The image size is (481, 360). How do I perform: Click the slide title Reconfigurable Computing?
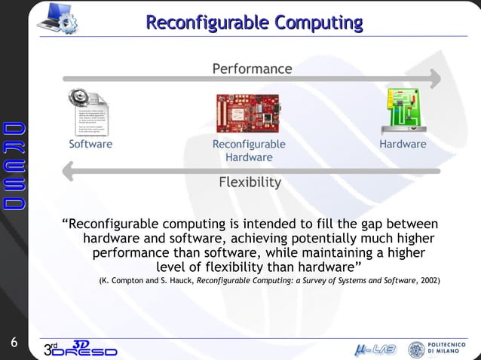pyautogui.click(x=254, y=23)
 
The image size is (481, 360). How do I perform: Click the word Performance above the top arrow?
pyautogui.click(x=252, y=69)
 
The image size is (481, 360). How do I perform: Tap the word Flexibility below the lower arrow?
pyautogui.click(x=250, y=182)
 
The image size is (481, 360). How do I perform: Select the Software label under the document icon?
pyautogui.click(x=90, y=144)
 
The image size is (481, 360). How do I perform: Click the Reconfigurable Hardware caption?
pyautogui.click(x=249, y=151)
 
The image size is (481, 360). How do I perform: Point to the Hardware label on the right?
pyautogui.click(x=403, y=144)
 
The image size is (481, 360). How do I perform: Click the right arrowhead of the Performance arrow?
pyautogui.click(x=435, y=78)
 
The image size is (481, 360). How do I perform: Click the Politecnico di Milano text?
pyautogui.click(x=450, y=349)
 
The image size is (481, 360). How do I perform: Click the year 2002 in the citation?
pyautogui.click(x=429, y=281)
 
